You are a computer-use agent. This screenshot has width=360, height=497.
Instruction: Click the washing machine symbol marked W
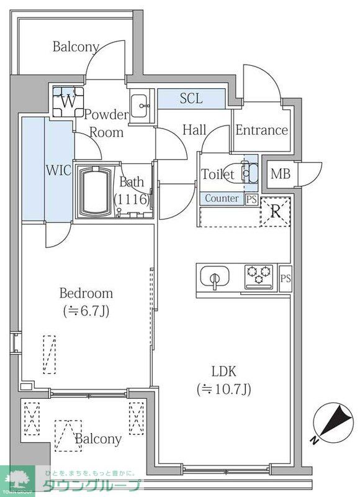coord(68,102)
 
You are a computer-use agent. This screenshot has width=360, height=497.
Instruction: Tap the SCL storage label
coord(191,99)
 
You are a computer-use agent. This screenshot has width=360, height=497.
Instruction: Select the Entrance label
coord(261,130)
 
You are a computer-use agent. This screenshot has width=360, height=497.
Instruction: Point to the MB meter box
coord(281,174)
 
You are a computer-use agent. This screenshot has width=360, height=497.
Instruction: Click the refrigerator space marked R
coord(276,212)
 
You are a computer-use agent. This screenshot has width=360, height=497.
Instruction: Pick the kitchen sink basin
coord(215,277)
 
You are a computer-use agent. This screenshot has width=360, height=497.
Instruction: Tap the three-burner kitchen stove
coord(259,277)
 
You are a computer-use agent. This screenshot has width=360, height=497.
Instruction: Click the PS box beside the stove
coord(286,278)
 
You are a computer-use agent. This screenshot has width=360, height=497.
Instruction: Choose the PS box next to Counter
coord(252,199)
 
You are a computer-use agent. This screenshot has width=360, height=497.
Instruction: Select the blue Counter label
coord(222,198)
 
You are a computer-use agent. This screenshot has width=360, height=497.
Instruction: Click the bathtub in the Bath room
coord(96,191)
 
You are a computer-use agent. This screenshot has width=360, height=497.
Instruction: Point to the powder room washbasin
coord(139,106)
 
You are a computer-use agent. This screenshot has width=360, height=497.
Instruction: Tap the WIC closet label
coord(59,170)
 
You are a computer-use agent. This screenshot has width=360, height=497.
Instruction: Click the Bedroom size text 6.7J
coord(86,311)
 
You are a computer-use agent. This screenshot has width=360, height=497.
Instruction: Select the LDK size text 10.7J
coord(224,389)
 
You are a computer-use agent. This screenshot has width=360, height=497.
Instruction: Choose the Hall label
coord(194,130)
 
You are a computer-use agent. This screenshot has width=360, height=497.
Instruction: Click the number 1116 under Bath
coord(132,199)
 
